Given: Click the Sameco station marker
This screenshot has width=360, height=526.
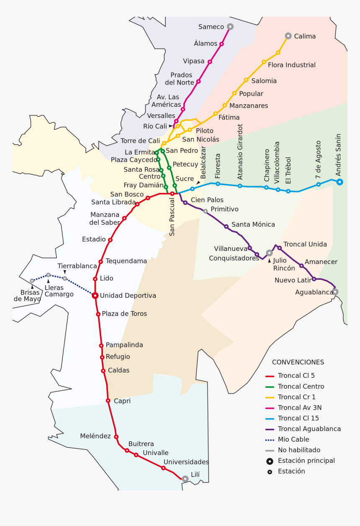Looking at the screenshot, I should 230,26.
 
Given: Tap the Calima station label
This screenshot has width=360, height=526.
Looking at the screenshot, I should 305,36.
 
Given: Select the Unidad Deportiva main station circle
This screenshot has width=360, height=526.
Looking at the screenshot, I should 95,295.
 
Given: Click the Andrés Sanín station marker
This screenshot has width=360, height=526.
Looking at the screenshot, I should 339,182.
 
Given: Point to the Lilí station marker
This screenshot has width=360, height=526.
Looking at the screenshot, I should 185,478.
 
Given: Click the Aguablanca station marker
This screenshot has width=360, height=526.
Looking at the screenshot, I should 335,292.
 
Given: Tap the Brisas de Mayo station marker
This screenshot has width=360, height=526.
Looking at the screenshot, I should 32,281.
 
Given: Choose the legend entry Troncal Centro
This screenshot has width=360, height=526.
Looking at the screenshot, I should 301,387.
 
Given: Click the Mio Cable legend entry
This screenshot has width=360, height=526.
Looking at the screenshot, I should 293,439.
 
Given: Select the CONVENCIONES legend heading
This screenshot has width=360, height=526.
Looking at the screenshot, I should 298,362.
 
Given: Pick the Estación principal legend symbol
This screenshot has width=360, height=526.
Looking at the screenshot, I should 270,461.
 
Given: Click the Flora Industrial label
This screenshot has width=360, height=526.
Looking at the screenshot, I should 291,65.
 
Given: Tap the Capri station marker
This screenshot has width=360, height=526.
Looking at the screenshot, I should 108,400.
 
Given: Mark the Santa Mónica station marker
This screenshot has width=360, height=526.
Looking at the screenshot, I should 226,226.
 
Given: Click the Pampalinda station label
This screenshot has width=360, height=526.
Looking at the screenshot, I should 124,345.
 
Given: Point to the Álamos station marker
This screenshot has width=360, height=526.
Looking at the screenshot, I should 221,44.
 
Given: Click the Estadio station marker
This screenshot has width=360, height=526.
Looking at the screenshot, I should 110,240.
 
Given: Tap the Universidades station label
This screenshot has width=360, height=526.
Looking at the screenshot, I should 186,462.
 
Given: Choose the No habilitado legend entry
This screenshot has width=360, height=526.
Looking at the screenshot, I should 298,450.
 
